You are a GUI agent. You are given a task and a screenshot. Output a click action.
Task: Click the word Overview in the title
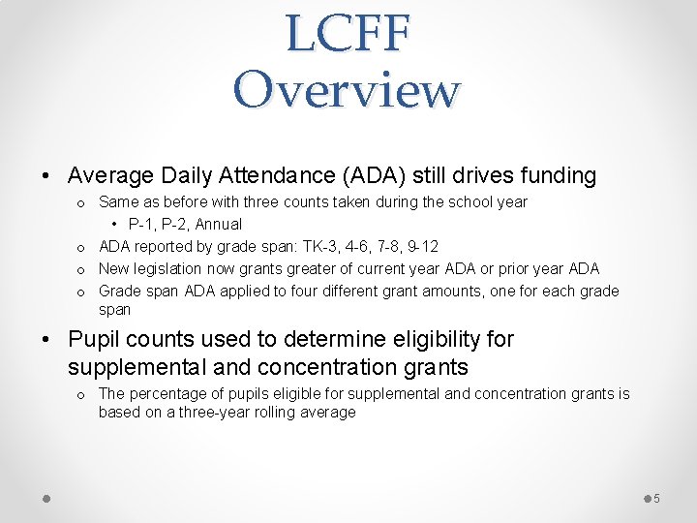348,90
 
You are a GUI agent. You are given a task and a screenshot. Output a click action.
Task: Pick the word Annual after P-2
219,224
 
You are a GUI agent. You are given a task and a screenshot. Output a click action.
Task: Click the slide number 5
656,498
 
